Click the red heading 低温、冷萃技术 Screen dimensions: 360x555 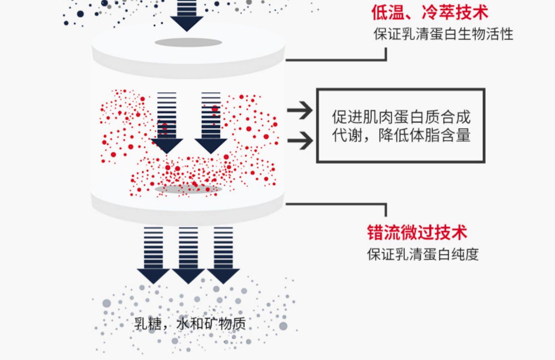[430, 13]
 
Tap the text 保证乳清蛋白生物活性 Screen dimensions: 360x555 [443, 34]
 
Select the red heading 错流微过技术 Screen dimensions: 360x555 [417, 233]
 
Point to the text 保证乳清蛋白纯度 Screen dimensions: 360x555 [423, 255]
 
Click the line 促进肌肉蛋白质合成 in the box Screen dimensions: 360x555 [401, 117]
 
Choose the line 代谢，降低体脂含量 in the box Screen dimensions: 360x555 [401, 135]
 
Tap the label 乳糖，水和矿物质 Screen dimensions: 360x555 [190, 324]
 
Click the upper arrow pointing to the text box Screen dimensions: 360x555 [300, 110]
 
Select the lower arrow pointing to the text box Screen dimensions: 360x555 [300, 141]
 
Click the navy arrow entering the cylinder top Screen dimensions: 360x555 [187, 17]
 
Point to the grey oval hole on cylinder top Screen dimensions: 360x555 [188, 43]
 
